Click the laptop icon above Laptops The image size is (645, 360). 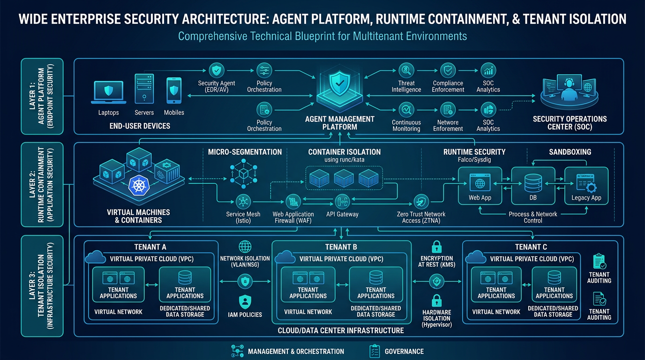[108, 91]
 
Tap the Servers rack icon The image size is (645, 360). [144, 89]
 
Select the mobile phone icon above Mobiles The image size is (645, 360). [174, 90]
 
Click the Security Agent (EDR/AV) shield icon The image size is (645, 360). [216, 71]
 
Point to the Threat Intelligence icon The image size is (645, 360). [406, 71]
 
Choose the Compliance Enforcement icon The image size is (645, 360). [448, 71]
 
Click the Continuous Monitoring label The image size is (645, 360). [406, 125]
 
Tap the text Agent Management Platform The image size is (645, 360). [340, 123]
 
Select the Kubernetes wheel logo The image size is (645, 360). [139, 186]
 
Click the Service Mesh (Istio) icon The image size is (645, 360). [243, 202]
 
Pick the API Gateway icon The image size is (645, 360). [342, 202]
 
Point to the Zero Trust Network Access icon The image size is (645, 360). [421, 202]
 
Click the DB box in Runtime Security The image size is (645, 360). [532, 186]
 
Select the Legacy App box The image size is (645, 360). [586, 186]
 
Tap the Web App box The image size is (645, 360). [480, 186]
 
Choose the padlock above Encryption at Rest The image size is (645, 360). [436, 247]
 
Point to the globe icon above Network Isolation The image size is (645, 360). [245, 247]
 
